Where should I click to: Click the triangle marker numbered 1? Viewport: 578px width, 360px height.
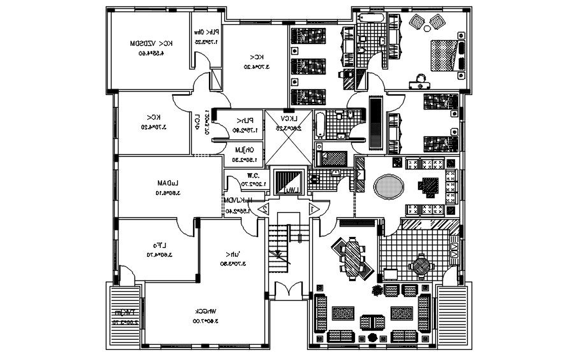click(x=313, y=208)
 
